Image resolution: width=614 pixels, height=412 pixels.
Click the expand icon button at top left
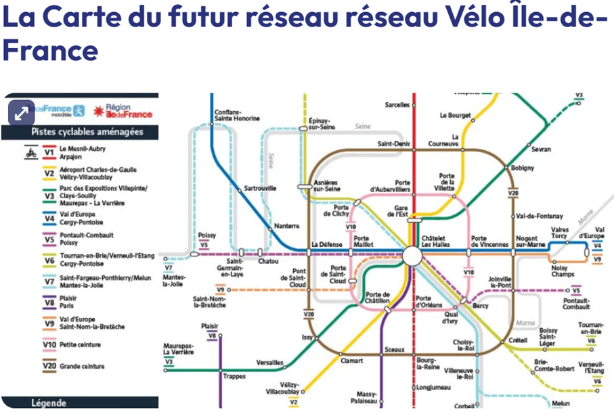pyautogui.click(x=20, y=112)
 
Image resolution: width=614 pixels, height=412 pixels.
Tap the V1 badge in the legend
pyautogui.click(x=49, y=152)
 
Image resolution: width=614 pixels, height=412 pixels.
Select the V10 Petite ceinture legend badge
pyautogui.click(x=49, y=344)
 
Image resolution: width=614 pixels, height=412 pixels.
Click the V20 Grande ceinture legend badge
pyautogui.click(x=49, y=366)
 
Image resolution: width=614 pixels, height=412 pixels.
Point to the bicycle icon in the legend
pyautogui.click(x=30, y=152)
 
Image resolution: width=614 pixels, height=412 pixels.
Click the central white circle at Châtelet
pyautogui.click(x=412, y=256)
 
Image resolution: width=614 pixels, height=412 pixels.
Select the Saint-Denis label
pyautogui.click(x=393, y=143)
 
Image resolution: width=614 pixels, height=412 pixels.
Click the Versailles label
pyautogui.click(x=270, y=363)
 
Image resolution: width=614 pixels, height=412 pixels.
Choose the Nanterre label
pyautogui.click(x=287, y=226)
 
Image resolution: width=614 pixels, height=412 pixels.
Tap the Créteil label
pyautogui.click(x=519, y=340)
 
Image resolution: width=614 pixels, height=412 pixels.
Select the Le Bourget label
pyautogui.click(x=455, y=115)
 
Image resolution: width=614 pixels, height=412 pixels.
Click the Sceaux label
pyautogui.click(x=394, y=350)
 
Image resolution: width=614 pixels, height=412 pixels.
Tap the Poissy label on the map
pyautogui.click(x=207, y=235)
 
